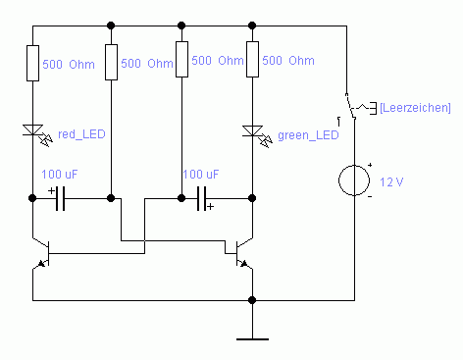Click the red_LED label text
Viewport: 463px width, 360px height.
coord(81,134)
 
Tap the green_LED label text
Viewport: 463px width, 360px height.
coord(308,135)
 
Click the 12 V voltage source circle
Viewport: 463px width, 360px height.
coord(354,180)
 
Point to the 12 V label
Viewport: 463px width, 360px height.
coord(391,181)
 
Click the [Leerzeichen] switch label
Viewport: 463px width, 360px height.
coord(415,108)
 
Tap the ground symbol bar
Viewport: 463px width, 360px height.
coord(252,339)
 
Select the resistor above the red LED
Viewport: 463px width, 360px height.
coord(32,63)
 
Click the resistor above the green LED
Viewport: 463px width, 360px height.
coord(252,59)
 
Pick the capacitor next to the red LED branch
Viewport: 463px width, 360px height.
coord(60,198)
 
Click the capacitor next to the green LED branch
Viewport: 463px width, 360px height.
coord(202,198)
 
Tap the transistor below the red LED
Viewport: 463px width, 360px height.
coord(41,253)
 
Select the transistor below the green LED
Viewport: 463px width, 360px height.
coord(244,253)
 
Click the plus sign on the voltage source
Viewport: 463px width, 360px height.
coord(370,165)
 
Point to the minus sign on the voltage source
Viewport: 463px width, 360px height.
coord(370,196)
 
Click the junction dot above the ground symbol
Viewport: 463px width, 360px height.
coord(252,300)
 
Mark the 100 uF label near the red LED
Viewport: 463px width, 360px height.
coord(60,175)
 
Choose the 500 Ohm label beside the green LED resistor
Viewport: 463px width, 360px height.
coord(288,61)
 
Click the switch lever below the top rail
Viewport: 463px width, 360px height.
coord(350,106)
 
